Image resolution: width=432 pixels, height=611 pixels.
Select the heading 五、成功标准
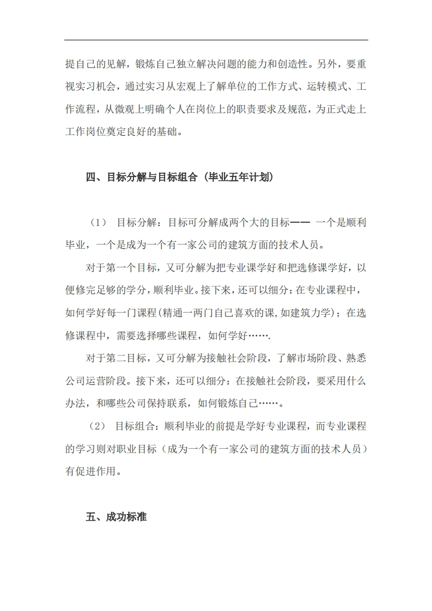[116, 517]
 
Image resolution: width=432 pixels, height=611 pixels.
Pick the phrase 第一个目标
[129, 268]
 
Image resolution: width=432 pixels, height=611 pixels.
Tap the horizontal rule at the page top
[216, 40]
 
